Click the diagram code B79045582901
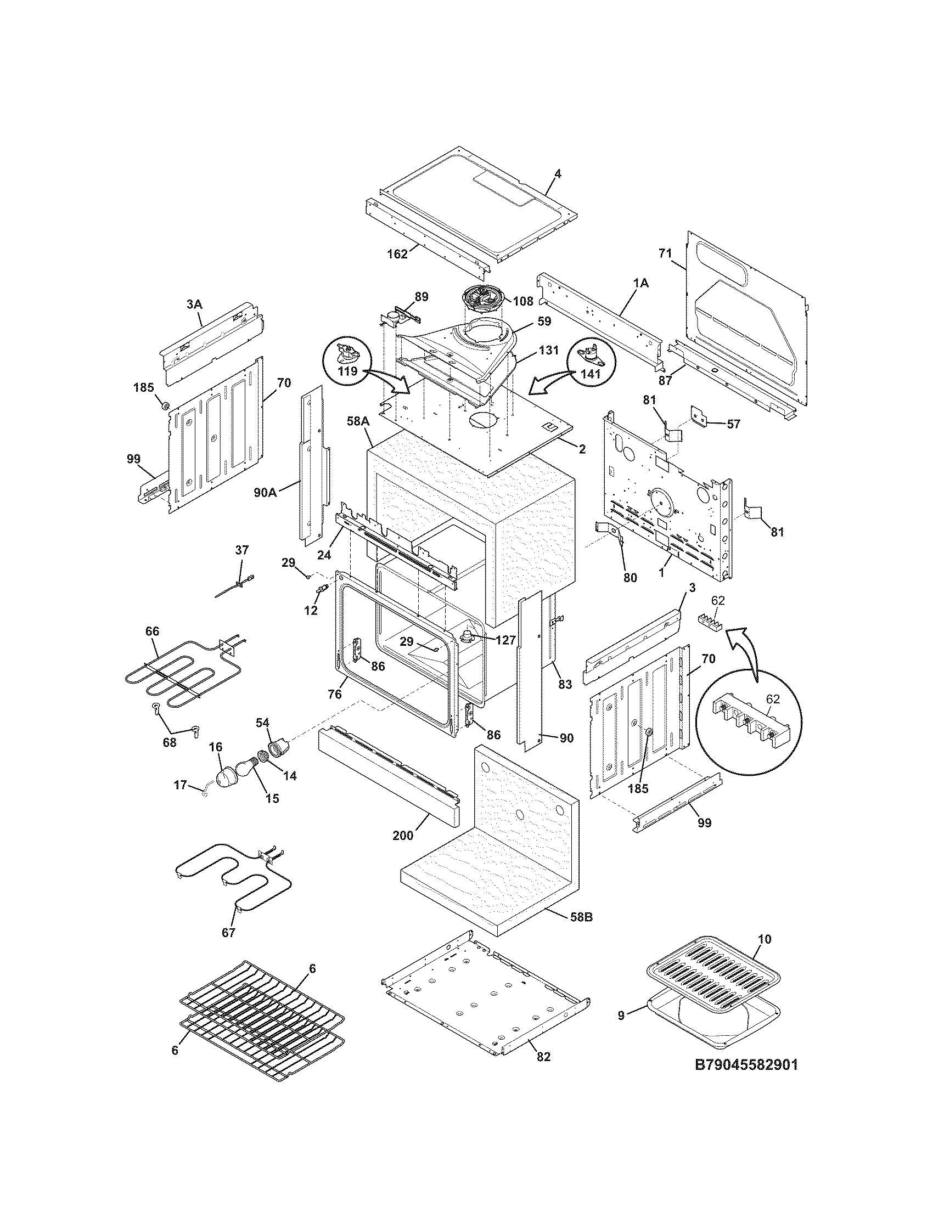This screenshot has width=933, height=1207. click(746, 1080)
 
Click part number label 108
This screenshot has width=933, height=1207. click(522, 301)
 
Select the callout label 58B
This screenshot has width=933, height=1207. click(581, 917)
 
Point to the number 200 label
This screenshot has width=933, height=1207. click(403, 851)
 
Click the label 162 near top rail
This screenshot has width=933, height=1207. click(397, 254)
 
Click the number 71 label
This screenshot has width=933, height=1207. click(665, 253)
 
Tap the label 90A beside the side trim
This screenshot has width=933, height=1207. click(265, 492)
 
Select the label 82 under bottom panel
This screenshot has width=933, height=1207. click(543, 1057)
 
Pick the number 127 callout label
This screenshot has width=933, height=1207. click(504, 640)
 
